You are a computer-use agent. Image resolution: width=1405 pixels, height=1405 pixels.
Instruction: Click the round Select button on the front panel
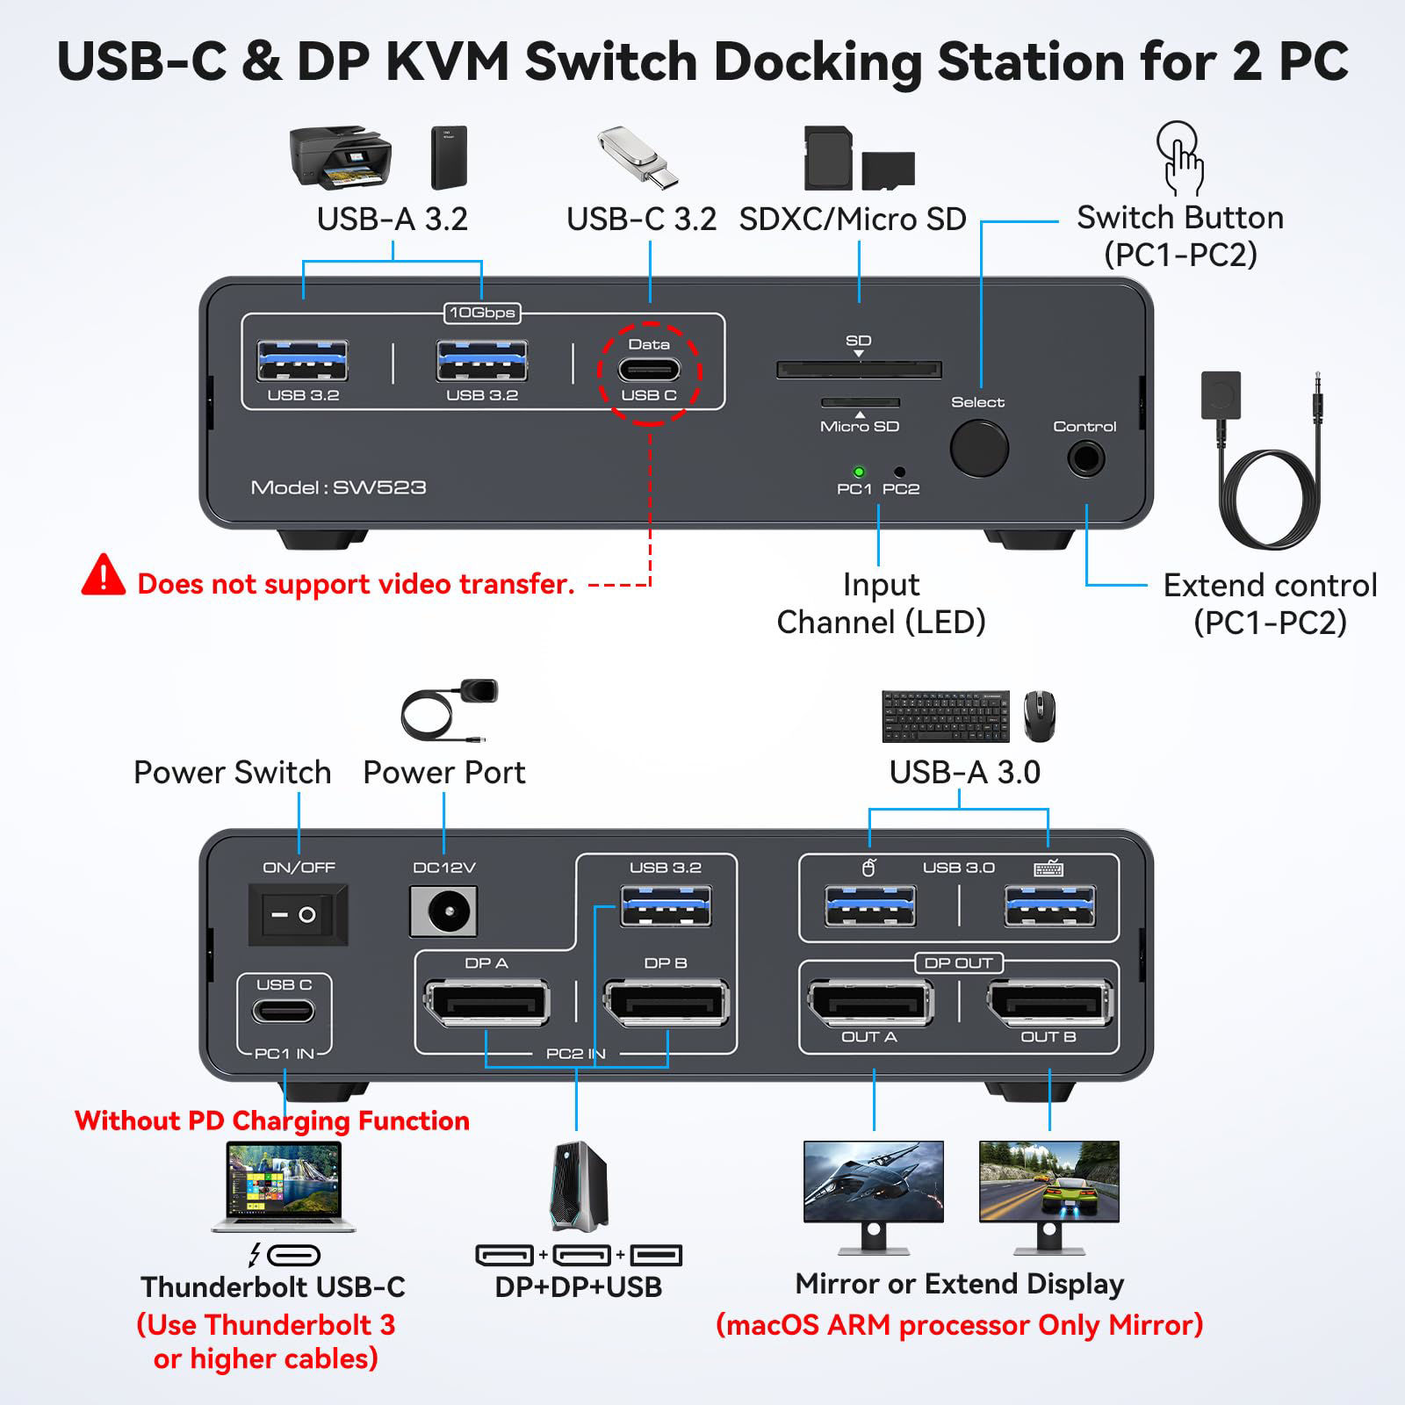pos(979,449)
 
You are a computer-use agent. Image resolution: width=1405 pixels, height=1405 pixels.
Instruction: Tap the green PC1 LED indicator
pos(859,472)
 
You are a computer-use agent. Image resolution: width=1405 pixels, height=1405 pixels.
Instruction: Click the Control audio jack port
pos(1085,458)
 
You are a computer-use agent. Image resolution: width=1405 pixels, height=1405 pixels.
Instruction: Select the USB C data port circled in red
pos(649,370)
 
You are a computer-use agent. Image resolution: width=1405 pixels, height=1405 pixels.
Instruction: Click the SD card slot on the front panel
pos(859,370)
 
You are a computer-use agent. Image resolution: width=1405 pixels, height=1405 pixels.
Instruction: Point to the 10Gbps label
pos(482,313)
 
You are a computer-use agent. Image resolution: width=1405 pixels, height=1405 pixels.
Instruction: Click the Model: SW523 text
pos(338,487)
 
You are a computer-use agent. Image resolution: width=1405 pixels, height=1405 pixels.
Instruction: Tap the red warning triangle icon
pos(104,575)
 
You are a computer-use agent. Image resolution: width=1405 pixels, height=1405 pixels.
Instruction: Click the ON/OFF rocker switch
pos(299,914)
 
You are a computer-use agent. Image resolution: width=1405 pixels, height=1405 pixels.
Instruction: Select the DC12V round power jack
pos(444,911)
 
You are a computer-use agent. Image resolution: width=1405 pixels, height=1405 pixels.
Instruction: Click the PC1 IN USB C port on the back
pos(284,1012)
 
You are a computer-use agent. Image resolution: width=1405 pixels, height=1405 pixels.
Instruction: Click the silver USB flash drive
pos(638,156)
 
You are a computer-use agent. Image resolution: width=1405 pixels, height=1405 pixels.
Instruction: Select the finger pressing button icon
pos(1180,158)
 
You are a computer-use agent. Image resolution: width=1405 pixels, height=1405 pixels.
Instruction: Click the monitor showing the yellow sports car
pos(1049,1182)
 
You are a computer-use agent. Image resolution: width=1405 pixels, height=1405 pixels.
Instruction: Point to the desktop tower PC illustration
pos(578,1185)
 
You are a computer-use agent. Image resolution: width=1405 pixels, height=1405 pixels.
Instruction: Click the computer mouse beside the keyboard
pos(1040,716)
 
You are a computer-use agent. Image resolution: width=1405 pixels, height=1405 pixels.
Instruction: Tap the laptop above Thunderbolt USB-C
pos(283,1185)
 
